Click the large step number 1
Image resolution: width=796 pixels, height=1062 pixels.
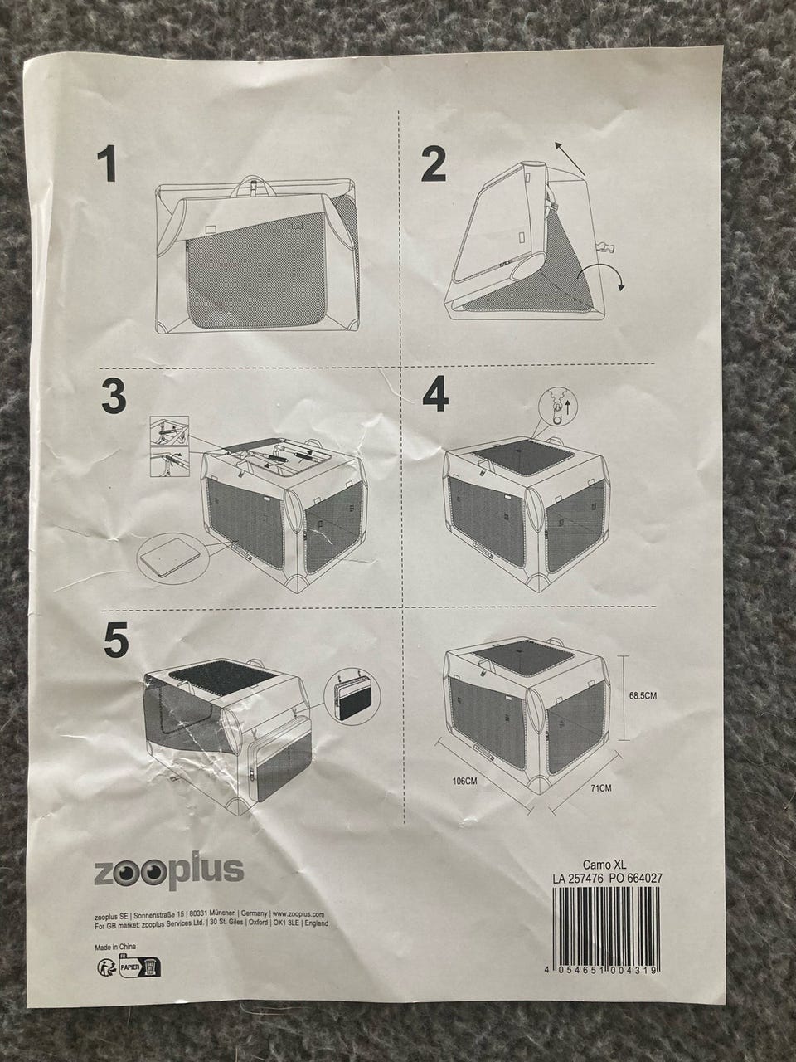(x=107, y=165)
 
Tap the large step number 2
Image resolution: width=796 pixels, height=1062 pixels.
(x=433, y=164)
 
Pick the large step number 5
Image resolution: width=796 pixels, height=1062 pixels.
(x=116, y=640)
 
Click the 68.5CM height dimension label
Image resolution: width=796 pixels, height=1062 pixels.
(x=643, y=696)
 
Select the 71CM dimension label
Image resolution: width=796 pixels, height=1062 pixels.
(x=601, y=788)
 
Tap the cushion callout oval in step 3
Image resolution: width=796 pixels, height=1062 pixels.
(x=173, y=560)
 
